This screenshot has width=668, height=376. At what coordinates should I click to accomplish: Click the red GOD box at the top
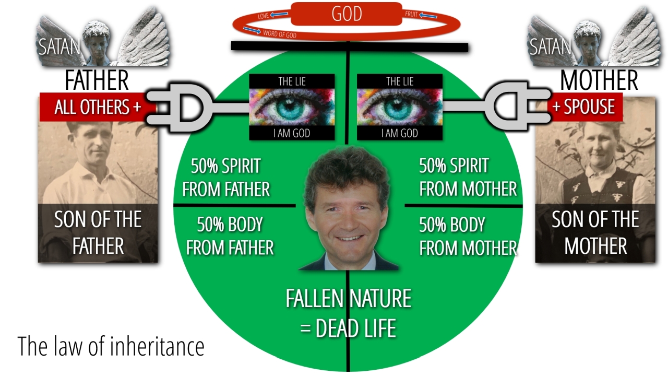[x=346, y=14]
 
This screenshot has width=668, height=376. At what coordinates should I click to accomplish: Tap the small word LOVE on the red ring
[x=264, y=16]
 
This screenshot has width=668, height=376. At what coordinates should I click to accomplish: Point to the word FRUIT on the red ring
[x=411, y=14]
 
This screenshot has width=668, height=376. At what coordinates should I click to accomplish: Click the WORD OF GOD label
[x=280, y=34]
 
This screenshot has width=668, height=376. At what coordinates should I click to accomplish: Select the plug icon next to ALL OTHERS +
[x=179, y=108]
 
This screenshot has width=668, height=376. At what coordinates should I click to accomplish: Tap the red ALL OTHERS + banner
[x=98, y=107]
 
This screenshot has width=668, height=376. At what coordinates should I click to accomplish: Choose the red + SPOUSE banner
[x=584, y=107]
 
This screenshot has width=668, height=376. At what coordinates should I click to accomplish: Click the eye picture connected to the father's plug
[x=292, y=107]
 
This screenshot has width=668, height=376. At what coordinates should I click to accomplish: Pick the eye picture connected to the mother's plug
[x=400, y=107]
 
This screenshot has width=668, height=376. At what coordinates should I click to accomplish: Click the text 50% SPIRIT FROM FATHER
[x=226, y=178]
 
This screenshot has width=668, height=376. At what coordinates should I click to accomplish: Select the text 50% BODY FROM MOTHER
[x=468, y=236]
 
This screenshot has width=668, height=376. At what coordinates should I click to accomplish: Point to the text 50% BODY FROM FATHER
[x=230, y=236]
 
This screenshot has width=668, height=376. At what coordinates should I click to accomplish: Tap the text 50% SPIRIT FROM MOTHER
[x=468, y=178]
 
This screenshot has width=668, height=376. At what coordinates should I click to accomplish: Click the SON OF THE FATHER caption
[x=98, y=233]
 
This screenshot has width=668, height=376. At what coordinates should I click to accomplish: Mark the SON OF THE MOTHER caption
[x=595, y=233]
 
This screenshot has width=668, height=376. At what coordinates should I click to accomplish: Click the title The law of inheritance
[x=111, y=346]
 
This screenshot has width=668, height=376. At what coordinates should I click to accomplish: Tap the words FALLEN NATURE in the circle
[x=348, y=298]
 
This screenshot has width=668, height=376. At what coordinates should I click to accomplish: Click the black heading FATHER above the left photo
[x=97, y=80]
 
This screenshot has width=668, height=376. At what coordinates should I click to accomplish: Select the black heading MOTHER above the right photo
[x=599, y=80]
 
